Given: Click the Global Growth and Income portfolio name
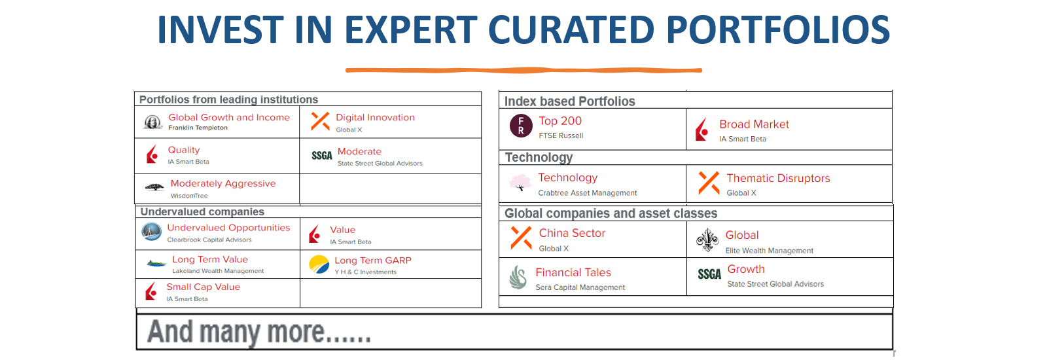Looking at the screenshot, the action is pos(229,117).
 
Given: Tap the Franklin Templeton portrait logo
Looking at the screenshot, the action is pos(153,122).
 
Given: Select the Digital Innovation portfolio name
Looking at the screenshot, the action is pos(376,117).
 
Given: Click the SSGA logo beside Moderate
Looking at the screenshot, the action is pos(322,156).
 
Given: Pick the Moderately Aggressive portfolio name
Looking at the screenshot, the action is pos(223,183).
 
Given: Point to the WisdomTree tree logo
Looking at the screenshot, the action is pos(154,187).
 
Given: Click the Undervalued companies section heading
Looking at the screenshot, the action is pos(202,212).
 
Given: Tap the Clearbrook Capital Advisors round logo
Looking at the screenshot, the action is pos(151,232).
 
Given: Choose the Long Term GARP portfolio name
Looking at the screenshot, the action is pos(373,261).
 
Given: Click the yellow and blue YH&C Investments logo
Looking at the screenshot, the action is pos(319,264).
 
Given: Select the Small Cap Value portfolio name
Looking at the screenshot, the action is pos(204,287).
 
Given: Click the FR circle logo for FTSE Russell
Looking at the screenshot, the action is pos(521,126).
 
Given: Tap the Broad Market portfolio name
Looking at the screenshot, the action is pos(754,124).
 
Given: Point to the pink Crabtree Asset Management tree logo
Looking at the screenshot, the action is pos(520,183).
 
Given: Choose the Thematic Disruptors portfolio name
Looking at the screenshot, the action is pos(778,178).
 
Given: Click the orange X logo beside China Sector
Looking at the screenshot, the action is pos(521,238).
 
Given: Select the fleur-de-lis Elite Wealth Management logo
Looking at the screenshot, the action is pos(707,240).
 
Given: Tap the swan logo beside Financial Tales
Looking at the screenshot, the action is pos(518,278).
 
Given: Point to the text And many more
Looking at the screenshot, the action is pos(259,332).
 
